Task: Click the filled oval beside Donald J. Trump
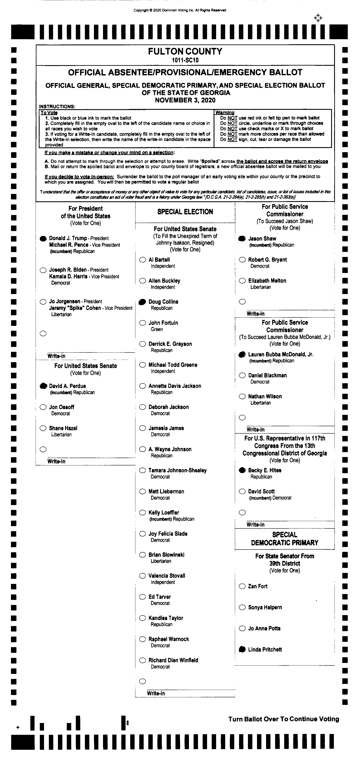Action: (43, 238)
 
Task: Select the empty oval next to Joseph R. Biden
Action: (43, 270)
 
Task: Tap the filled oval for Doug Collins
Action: (142, 302)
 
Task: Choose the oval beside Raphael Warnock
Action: (143, 639)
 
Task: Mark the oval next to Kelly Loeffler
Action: (143, 513)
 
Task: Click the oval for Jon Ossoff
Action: (43, 407)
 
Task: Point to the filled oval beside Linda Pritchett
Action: (242, 649)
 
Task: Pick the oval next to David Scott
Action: (242, 491)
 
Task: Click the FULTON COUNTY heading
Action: (185, 51)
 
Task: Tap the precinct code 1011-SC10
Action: (185, 60)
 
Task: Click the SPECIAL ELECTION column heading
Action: (185, 212)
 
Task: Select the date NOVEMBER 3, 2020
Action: (185, 100)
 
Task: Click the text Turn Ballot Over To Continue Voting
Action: (284, 719)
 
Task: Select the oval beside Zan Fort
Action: (242, 586)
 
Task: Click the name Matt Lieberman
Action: (166, 491)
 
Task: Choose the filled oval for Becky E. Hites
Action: (242, 470)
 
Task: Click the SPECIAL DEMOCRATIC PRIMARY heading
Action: (284, 539)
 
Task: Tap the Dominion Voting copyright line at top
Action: (180, 10)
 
